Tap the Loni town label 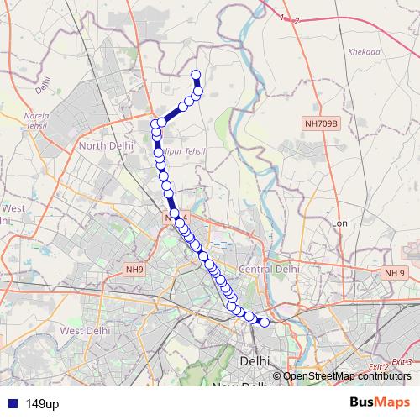point(340,223)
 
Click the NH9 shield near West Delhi point(134,269)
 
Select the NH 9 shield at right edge point(395,273)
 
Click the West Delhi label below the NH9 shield point(85,331)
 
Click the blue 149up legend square point(10,404)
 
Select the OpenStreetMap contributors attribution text point(347,375)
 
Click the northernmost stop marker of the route point(196,75)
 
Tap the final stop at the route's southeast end point(265,322)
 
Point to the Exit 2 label point(379,367)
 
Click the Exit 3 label point(403,361)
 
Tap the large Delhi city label point(255,360)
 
